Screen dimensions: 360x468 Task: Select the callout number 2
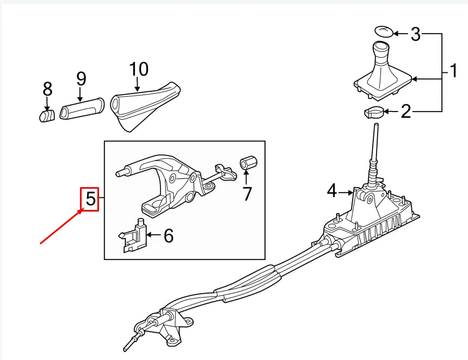[x=406, y=112]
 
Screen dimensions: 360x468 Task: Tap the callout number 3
[x=416, y=34]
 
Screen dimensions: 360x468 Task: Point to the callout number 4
[x=332, y=191]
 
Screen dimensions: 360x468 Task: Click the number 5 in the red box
[x=90, y=200]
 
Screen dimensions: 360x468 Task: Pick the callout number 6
[x=168, y=235]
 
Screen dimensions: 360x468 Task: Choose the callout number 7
[x=248, y=193]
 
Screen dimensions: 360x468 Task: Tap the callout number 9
[x=81, y=79]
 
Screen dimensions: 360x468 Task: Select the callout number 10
[x=139, y=69]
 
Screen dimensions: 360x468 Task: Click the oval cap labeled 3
[x=383, y=30]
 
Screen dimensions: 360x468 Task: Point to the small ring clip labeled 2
[x=373, y=113]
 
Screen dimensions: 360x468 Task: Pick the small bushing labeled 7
[x=248, y=163]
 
